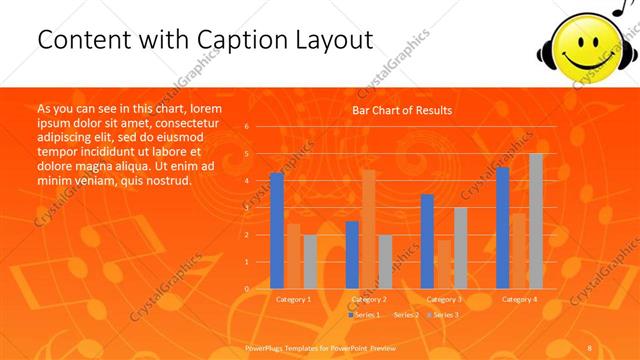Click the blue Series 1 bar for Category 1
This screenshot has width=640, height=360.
[277, 231]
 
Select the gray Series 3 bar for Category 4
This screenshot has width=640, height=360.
[536, 221]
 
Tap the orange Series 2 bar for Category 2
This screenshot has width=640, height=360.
[369, 229]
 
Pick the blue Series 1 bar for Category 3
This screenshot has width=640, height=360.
[427, 241]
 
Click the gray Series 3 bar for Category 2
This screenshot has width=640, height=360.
[386, 262]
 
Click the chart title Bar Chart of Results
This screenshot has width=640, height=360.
[402, 110]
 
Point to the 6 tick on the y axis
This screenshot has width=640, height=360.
[246, 127]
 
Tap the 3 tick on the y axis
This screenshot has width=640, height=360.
[246, 208]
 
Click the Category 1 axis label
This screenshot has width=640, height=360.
[293, 299]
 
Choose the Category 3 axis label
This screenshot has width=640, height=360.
[444, 299]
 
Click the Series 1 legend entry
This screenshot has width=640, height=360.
[365, 315]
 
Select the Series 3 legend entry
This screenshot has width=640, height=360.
[443, 315]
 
